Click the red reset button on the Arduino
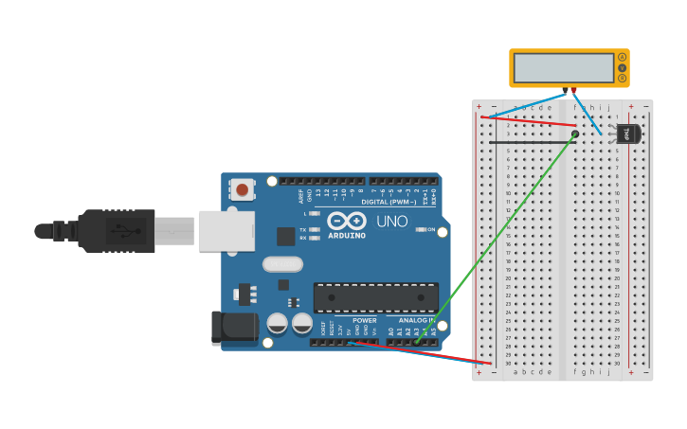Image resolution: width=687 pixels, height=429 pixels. click(x=243, y=189)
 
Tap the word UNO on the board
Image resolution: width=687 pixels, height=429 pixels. click(x=392, y=222)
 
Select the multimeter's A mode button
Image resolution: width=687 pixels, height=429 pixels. click(x=622, y=57)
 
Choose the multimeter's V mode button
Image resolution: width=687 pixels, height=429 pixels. click(x=622, y=68)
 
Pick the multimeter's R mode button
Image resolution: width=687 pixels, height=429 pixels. click(x=622, y=79)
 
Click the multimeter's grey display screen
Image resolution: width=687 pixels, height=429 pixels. click(x=563, y=68)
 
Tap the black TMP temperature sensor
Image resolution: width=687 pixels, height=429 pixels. click(x=627, y=134)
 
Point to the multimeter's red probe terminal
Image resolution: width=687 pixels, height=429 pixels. click(x=572, y=91)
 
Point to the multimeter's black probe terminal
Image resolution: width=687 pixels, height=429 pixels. click(x=565, y=91)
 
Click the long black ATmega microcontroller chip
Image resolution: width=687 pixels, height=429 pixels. click(x=376, y=296)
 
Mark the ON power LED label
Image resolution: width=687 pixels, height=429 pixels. click(x=431, y=230)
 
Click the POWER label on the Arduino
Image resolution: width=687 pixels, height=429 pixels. click(x=365, y=320)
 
